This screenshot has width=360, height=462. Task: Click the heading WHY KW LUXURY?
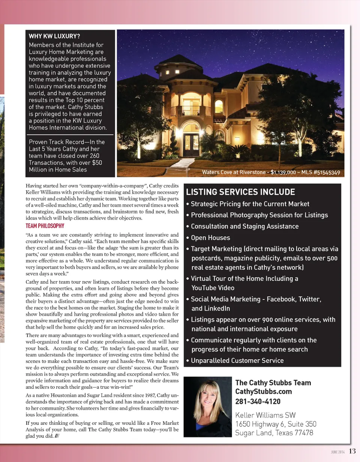tap(54, 36)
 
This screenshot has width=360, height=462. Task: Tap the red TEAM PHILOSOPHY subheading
tap(45, 226)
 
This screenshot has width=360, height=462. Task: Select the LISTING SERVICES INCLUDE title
tap(240, 192)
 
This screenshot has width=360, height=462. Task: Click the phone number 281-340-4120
tap(258, 401)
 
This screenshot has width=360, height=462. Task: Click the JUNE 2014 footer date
tap(337, 452)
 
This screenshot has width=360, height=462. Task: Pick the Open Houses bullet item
tap(210, 238)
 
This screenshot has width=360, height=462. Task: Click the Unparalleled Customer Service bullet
tap(237, 361)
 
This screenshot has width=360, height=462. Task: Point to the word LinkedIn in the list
tap(210, 309)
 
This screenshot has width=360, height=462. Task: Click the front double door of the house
tap(191, 144)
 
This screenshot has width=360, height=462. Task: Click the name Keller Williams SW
tap(265, 415)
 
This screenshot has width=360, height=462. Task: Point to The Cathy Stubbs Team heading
tap(273, 383)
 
